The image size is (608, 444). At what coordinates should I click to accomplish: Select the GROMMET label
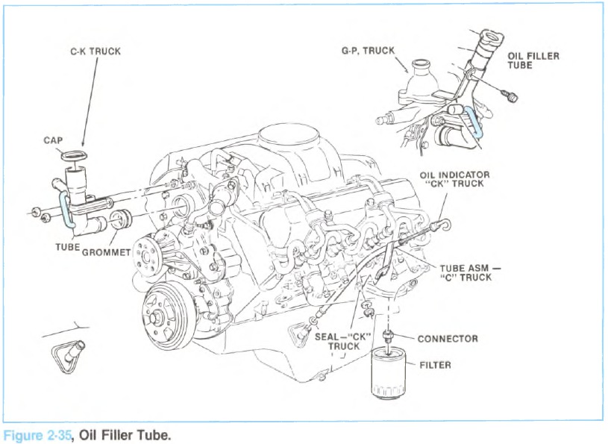click(106, 252)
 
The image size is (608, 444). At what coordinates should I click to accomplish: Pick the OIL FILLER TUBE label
click(533, 60)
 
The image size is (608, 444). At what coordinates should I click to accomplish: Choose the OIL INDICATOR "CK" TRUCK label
click(451, 180)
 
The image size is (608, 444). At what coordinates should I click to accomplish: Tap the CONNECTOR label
click(447, 339)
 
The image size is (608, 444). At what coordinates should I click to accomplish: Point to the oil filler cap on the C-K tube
click(75, 157)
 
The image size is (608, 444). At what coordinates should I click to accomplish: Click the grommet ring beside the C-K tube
click(119, 220)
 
